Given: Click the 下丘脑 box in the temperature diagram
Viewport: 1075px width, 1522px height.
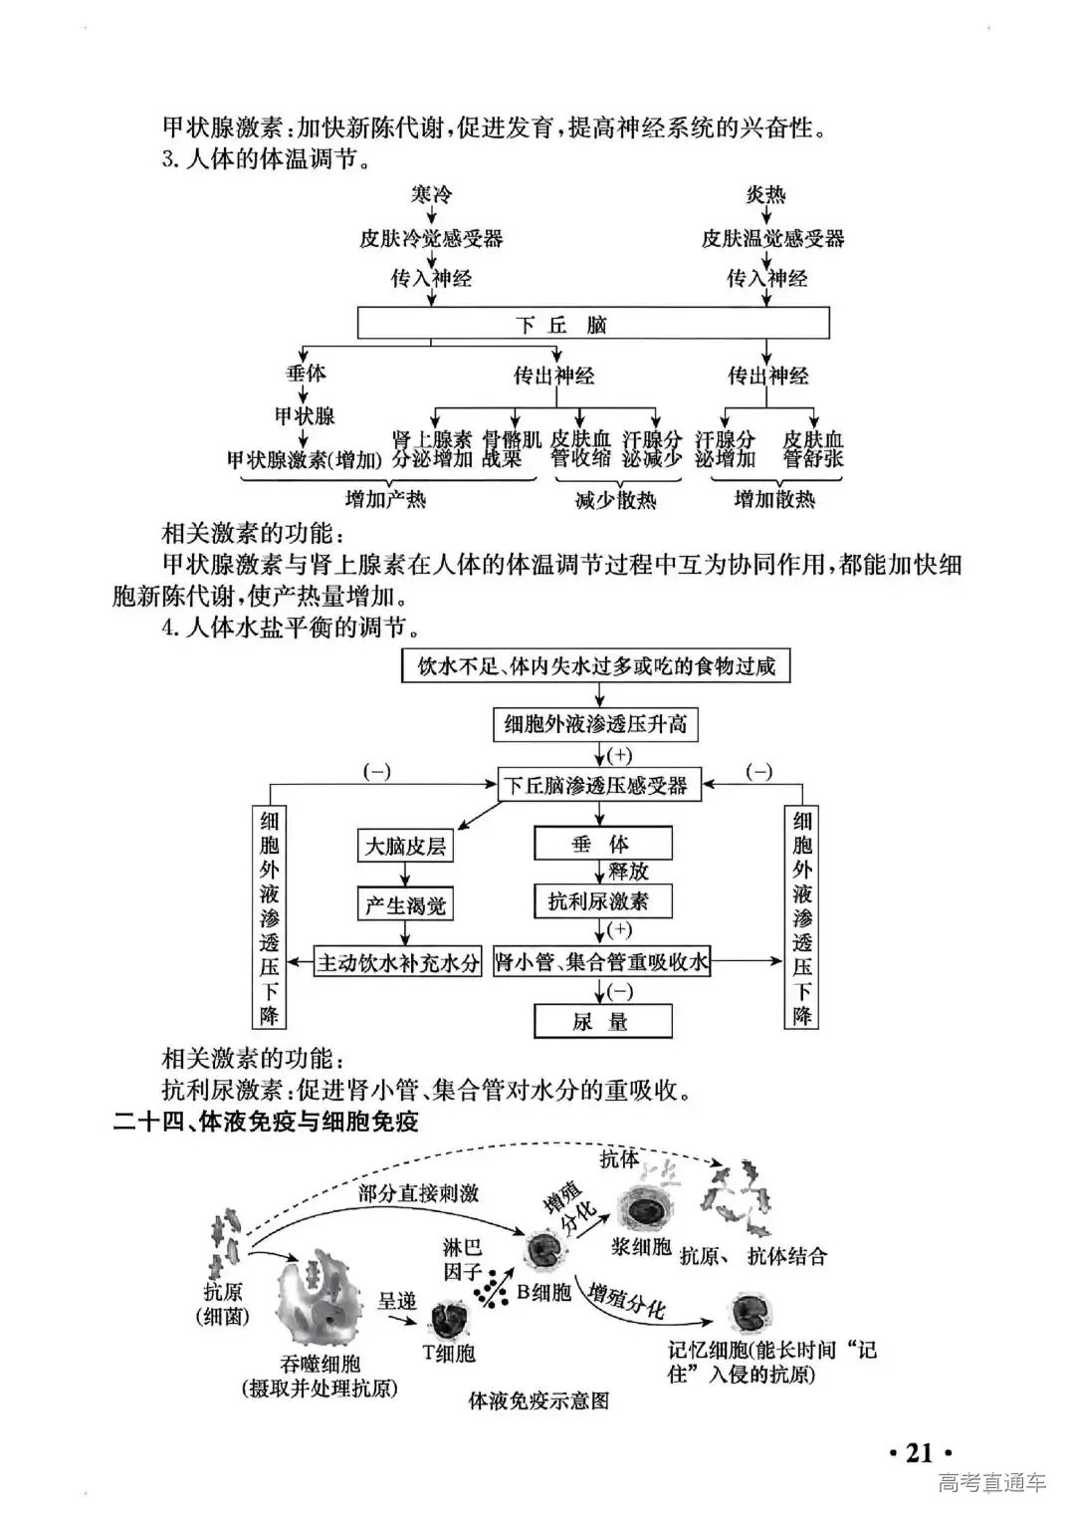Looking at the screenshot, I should click(x=593, y=324).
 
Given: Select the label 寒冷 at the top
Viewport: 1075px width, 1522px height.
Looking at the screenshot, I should click(x=431, y=194).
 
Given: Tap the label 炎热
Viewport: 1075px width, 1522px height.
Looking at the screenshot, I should click(x=765, y=194).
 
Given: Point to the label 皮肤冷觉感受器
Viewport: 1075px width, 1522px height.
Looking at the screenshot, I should click(x=431, y=238).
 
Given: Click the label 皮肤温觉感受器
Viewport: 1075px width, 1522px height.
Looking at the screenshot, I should click(x=772, y=238).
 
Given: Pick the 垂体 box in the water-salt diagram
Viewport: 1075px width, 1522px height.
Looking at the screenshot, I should click(x=602, y=845).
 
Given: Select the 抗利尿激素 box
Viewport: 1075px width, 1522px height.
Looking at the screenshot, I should click(x=602, y=901).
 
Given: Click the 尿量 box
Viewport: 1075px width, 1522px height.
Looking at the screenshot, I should click(x=602, y=1021).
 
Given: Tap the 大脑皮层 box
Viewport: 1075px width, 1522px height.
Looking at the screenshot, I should click(x=404, y=846).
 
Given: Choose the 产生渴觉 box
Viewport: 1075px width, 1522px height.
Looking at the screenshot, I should click(x=404, y=904).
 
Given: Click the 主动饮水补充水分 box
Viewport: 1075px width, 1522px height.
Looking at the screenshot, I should click(x=398, y=962).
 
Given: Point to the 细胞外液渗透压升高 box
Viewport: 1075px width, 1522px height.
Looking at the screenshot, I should click(x=595, y=724).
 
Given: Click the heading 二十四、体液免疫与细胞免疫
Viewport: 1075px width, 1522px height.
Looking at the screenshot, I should click(x=266, y=1122).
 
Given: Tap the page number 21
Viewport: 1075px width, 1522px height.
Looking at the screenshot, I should click(x=919, y=1452).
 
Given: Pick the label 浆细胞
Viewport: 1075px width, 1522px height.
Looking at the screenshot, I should click(x=640, y=1246).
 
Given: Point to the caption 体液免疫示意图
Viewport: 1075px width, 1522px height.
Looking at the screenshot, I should click(x=538, y=1400).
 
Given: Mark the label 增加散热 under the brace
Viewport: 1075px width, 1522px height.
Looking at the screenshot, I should click(x=773, y=499).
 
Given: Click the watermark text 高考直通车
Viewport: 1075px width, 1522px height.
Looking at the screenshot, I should click(x=992, y=1482).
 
